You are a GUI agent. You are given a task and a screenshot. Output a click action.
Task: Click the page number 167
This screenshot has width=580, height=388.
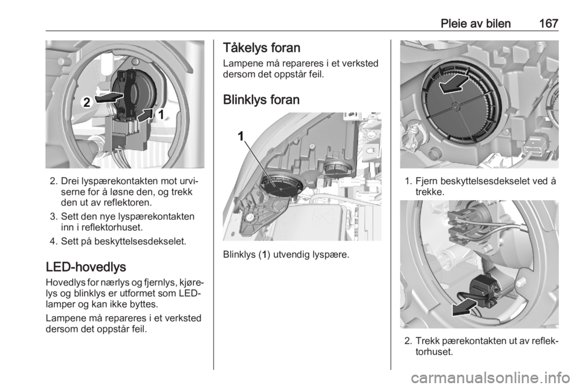coord(548,24)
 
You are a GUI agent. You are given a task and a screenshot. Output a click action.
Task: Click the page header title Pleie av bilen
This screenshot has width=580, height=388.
coord(475,24)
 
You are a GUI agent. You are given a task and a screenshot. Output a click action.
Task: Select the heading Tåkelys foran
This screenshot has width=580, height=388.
coord(262,48)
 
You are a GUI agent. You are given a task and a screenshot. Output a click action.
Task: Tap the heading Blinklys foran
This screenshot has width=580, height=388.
coord(261,100)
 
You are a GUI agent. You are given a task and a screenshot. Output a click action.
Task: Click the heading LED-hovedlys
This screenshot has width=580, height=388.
coord(86,267)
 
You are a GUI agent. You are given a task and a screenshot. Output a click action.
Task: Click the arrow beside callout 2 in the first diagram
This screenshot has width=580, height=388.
coord(109,97)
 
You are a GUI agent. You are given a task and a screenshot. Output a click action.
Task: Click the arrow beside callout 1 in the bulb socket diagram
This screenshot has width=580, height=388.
coord(146,115)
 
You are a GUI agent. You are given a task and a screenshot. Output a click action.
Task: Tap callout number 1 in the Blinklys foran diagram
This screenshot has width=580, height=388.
coord(241,137)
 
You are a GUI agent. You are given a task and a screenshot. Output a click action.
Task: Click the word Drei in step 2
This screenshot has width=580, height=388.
coord(69,181)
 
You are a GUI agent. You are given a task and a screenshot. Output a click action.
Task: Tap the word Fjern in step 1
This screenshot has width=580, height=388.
coord(426,181)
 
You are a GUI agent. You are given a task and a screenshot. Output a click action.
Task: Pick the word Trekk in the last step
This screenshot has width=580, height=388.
coord(427,341)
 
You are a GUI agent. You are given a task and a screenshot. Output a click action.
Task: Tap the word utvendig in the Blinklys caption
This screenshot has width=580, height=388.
coord(291,255)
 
